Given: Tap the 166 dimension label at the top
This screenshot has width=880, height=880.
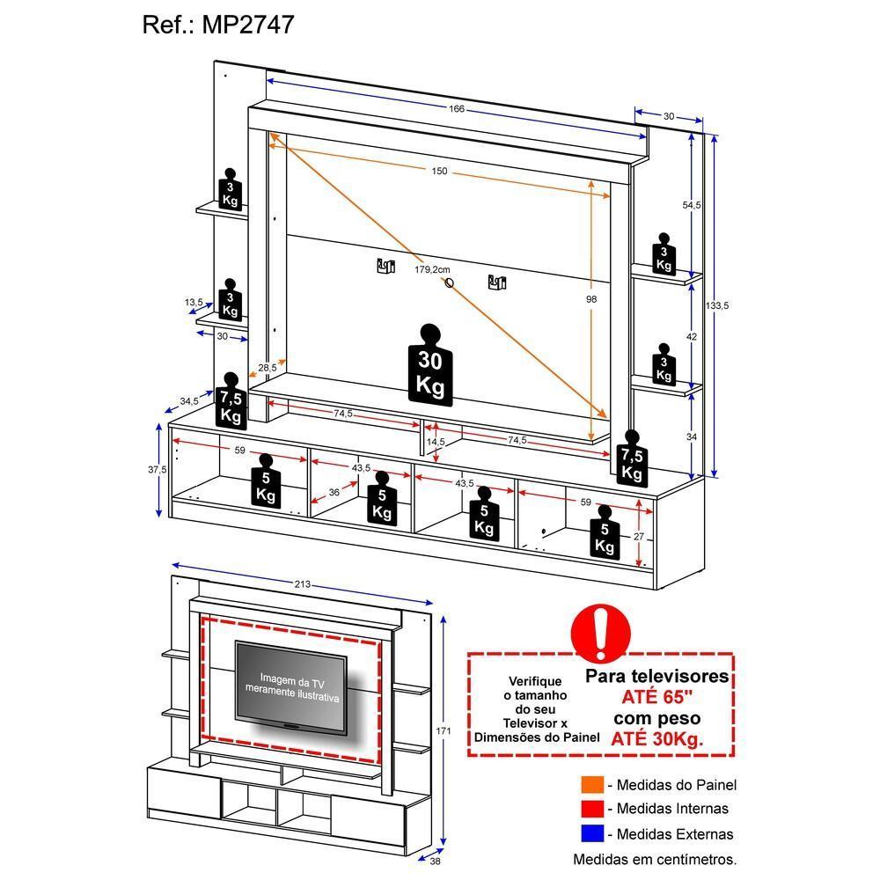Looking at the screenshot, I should click(456, 110).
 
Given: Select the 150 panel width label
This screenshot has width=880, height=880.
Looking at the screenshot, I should click(439, 172).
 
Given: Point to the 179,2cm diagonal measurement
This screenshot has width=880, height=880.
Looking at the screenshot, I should click(432, 270).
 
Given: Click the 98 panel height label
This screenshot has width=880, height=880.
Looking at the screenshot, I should click(591, 299).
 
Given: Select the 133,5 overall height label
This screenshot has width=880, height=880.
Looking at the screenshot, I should click(718, 305).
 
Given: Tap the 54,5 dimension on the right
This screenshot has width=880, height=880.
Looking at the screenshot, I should click(692, 205).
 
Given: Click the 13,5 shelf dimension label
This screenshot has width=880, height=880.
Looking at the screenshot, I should click(194, 303).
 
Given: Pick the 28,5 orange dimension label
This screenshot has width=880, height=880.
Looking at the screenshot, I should click(268, 368).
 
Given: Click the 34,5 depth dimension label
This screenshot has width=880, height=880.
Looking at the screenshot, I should click(189, 401).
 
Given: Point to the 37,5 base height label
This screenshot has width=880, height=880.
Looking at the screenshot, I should click(158, 470).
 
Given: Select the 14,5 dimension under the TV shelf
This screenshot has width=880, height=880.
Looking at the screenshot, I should click(436, 441).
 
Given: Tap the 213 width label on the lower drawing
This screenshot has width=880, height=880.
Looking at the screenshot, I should click(302, 585).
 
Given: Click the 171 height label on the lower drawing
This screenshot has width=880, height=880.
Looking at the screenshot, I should click(444, 732).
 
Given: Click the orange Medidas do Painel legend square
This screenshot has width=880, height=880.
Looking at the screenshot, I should click(592, 785).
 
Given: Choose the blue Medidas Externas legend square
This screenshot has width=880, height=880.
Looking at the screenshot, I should click(592, 833).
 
